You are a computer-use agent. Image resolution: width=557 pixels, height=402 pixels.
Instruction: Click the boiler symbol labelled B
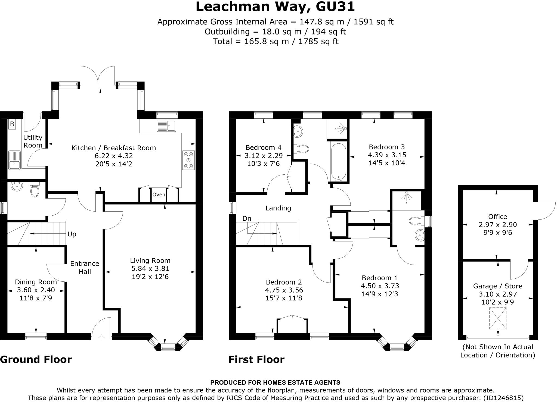(12, 124)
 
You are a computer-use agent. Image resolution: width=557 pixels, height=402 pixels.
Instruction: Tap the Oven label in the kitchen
(159, 194)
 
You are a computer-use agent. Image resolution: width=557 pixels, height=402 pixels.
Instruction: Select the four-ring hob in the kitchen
(188, 160)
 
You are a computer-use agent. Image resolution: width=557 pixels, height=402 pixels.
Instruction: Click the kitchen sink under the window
(166, 125)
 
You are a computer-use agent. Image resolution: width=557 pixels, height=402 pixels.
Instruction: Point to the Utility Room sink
(14, 160)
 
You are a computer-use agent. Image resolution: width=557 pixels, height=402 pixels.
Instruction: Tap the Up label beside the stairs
(72, 234)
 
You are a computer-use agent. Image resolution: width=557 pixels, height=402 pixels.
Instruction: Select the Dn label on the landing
(247, 218)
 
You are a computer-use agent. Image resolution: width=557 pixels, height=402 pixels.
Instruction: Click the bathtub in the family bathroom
(338, 162)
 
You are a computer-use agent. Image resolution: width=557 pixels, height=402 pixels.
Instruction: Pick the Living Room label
(150, 260)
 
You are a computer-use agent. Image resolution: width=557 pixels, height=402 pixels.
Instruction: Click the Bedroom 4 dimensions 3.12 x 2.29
(264, 156)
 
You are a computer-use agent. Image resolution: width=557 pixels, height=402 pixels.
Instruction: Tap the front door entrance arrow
(101, 338)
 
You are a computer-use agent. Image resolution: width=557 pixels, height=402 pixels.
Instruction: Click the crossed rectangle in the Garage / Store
(498, 318)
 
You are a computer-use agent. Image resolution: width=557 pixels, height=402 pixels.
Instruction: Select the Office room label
(497, 216)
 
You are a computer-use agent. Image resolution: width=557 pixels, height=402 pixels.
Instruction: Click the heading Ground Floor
(36, 359)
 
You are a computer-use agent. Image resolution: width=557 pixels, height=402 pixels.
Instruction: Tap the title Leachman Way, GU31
(275, 7)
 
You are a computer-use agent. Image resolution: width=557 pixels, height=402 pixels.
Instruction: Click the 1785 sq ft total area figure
(318, 41)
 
